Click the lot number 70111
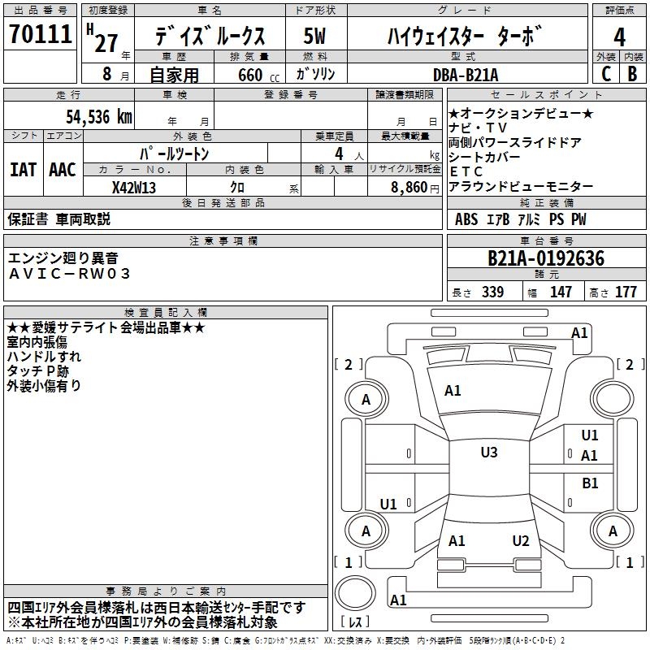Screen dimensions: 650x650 [x=40, y=35]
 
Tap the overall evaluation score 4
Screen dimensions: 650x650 [x=619, y=37]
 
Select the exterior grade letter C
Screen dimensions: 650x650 [x=605, y=74]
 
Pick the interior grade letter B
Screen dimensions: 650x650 [x=632, y=74]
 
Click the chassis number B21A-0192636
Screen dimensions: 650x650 [x=546, y=258]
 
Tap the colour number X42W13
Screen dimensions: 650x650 [x=134, y=186]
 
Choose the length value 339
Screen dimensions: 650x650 [x=492, y=292]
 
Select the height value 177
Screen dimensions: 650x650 [x=626, y=292]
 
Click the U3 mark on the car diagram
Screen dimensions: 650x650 [x=488, y=453]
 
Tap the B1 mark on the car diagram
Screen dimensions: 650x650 [x=590, y=483]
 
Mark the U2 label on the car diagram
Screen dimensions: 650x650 [x=521, y=541]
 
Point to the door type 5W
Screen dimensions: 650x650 [x=315, y=37]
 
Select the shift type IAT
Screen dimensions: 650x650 [x=23, y=170]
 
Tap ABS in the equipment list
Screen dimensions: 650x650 [x=466, y=219]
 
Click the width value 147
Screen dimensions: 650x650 [x=561, y=292]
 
